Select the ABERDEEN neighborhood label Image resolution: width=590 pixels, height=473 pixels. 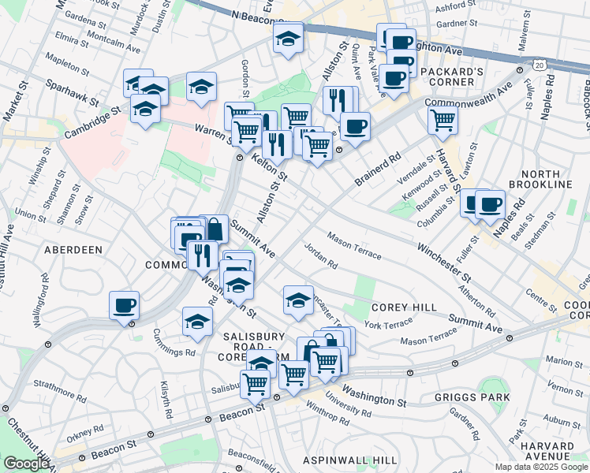(73, 249)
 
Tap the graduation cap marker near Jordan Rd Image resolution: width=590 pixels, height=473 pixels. (298, 300)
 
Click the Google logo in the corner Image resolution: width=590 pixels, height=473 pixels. (26, 464)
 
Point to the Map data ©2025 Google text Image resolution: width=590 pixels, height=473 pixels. (540, 467)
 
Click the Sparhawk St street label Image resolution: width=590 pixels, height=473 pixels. (72, 92)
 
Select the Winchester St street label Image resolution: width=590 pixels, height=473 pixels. (444, 267)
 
